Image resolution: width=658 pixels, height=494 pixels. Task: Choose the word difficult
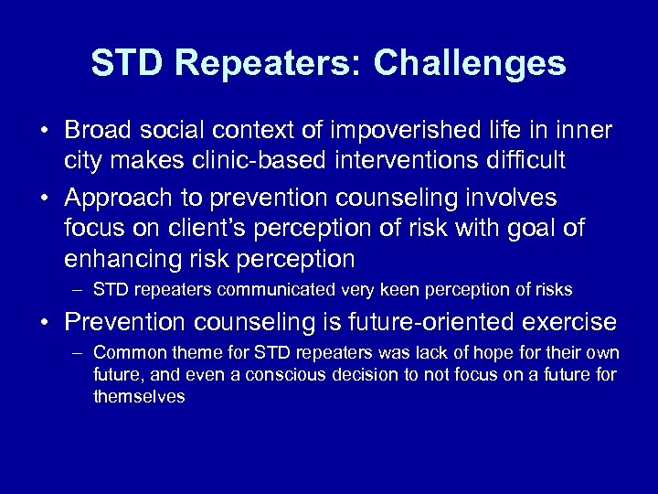(x=523, y=161)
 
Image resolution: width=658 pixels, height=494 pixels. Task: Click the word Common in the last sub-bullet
(x=123, y=353)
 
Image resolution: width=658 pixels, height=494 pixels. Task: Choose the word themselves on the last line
(x=139, y=396)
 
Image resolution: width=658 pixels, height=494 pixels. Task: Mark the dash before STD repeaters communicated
(x=79, y=291)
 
